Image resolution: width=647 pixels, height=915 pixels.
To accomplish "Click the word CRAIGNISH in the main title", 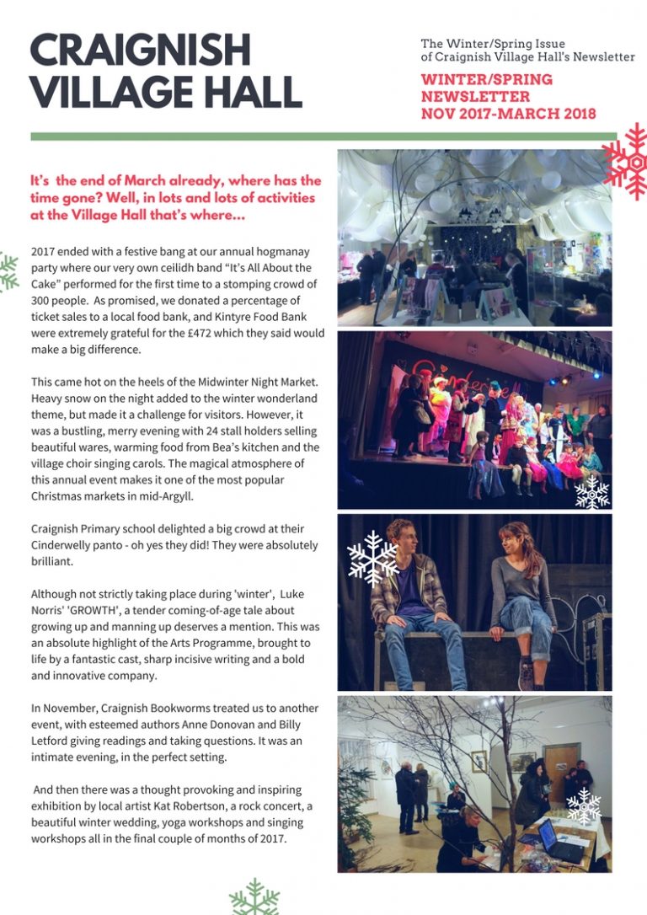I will click(140, 51).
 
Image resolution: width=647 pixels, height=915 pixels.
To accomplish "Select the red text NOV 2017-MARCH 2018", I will click(508, 114).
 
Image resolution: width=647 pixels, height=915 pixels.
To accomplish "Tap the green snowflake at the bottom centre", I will click(254, 898).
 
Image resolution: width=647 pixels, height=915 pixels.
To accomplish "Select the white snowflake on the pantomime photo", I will click(591, 491).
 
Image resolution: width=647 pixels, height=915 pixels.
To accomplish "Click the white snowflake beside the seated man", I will click(372, 558).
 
